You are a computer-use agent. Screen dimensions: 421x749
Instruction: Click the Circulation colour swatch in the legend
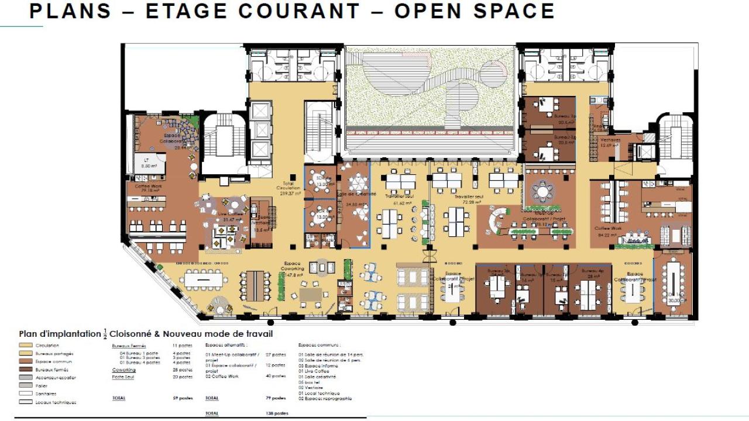point(25,346)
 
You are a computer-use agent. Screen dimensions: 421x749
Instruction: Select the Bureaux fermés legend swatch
point(25,370)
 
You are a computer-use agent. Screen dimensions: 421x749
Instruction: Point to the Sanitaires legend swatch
point(25,394)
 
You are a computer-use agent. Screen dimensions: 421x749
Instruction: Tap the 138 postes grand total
point(277,413)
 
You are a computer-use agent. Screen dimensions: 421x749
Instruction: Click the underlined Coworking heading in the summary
point(123,370)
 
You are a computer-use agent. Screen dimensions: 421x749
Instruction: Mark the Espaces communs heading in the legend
point(319,345)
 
